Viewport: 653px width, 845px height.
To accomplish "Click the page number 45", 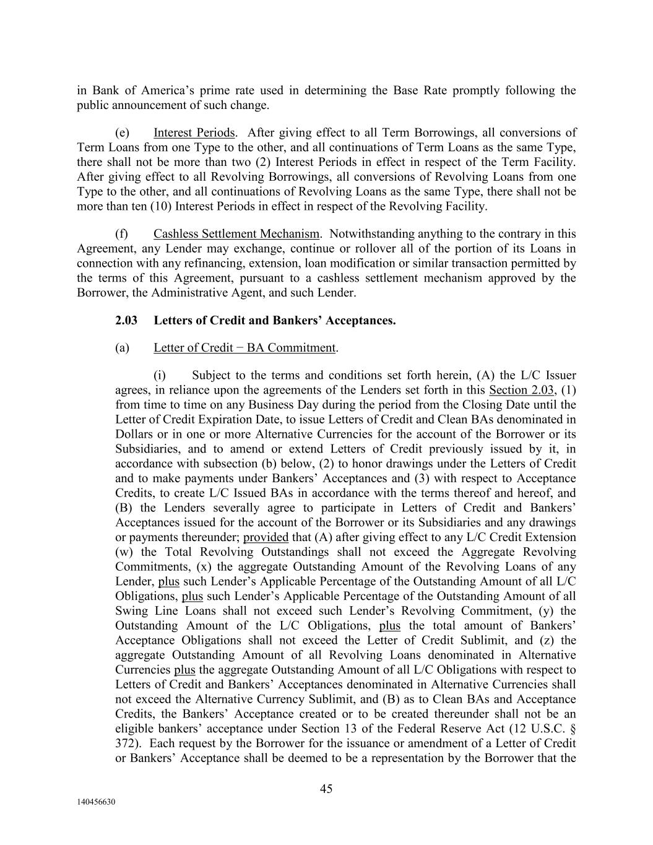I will (326, 789).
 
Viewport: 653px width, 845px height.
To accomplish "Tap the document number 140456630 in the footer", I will (96, 802).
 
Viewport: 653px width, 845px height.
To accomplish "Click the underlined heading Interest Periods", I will (194, 132).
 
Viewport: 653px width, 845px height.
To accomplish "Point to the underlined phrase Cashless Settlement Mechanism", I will (236, 234).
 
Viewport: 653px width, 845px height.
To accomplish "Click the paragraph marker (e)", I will (122, 132).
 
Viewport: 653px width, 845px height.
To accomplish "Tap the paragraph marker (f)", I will (122, 234).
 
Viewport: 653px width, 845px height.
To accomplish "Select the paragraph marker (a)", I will (122, 348).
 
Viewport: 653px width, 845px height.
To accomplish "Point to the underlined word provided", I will (266, 537).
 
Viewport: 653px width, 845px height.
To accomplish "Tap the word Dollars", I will (136, 435).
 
